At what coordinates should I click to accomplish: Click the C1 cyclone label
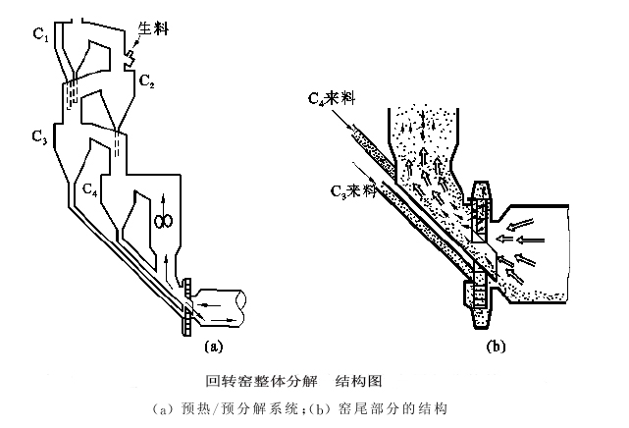[40, 37]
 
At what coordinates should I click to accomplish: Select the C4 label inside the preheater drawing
[89, 186]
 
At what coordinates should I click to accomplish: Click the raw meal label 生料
[154, 30]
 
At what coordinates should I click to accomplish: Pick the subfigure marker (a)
[214, 345]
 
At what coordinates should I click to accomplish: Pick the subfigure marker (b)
[496, 345]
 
